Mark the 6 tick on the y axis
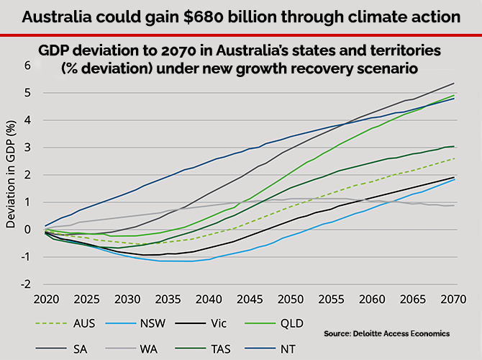coord(29,66)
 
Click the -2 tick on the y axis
coord(27,284)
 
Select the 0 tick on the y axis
coord(29,230)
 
